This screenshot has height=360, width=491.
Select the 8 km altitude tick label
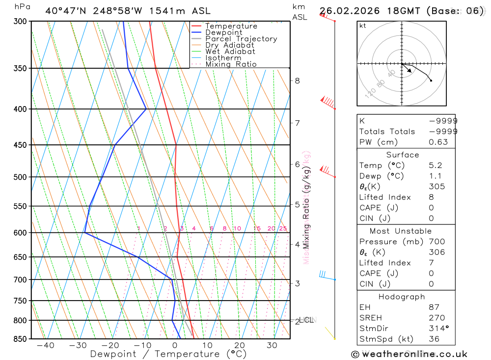[x=297, y=81]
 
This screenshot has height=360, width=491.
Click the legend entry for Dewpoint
[x=223, y=32]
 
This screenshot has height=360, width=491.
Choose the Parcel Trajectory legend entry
[x=241, y=39]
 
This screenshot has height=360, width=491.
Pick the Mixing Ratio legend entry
[x=231, y=64]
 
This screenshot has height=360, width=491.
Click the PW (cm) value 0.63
[x=438, y=142]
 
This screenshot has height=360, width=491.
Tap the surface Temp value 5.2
[x=435, y=166]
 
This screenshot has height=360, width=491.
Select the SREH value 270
[x=436, y=318]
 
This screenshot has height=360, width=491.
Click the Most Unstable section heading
[x=401, y=231]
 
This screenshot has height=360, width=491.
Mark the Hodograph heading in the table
[x=402, y=297]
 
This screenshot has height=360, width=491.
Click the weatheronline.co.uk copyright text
[x=409, y=354]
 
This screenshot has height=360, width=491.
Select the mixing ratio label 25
[x=283, y=228]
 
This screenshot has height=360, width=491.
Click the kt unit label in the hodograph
[x=362, y=26]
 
